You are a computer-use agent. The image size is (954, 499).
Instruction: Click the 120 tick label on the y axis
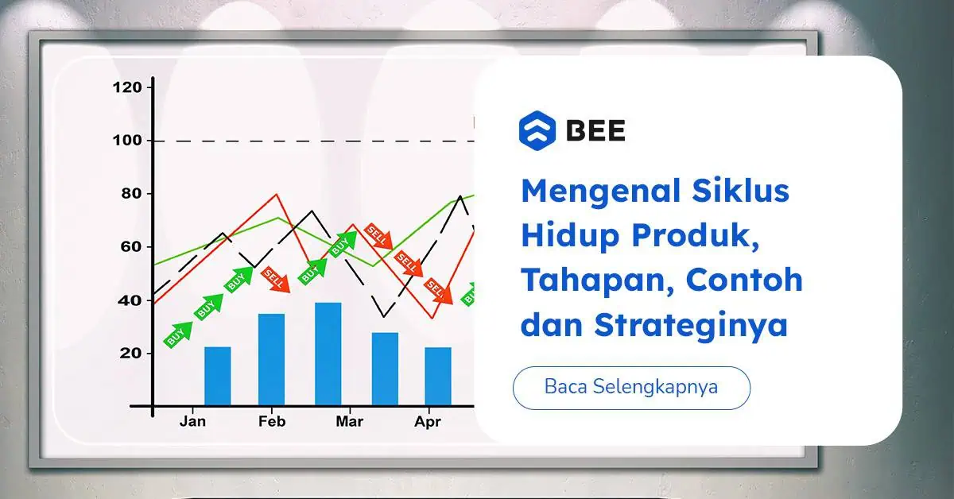pos(127,87)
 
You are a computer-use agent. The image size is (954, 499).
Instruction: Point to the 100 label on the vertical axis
pos(127,141)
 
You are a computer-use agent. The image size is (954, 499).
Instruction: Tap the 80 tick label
pos(131,194)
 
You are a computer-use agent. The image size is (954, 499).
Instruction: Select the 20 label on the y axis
pos(130,353)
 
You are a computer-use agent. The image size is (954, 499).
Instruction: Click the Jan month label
pos(192,421)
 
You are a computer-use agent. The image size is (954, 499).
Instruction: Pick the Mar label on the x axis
pos(349,421)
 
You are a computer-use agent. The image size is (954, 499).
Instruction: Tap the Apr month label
pos(428,422)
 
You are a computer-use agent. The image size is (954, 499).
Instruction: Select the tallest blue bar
pos(328,354)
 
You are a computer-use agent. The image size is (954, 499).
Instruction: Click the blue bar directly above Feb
pos(271,359)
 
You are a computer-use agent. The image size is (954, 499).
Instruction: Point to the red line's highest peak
pos(277,194)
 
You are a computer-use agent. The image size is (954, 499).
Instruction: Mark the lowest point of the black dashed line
pos(384,317)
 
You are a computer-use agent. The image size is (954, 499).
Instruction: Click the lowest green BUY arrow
pos(178,335)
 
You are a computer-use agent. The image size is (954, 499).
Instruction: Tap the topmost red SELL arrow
pos(378,236)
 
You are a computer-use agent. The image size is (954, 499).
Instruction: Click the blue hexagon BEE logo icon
pos(537,131)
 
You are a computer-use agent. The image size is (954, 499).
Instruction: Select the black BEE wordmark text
pos(595,130)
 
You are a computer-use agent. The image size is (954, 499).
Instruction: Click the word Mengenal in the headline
pos(601,192)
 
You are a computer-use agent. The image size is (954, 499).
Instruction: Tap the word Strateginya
pos(691,326)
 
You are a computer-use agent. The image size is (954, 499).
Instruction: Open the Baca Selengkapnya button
pos(631,388)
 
